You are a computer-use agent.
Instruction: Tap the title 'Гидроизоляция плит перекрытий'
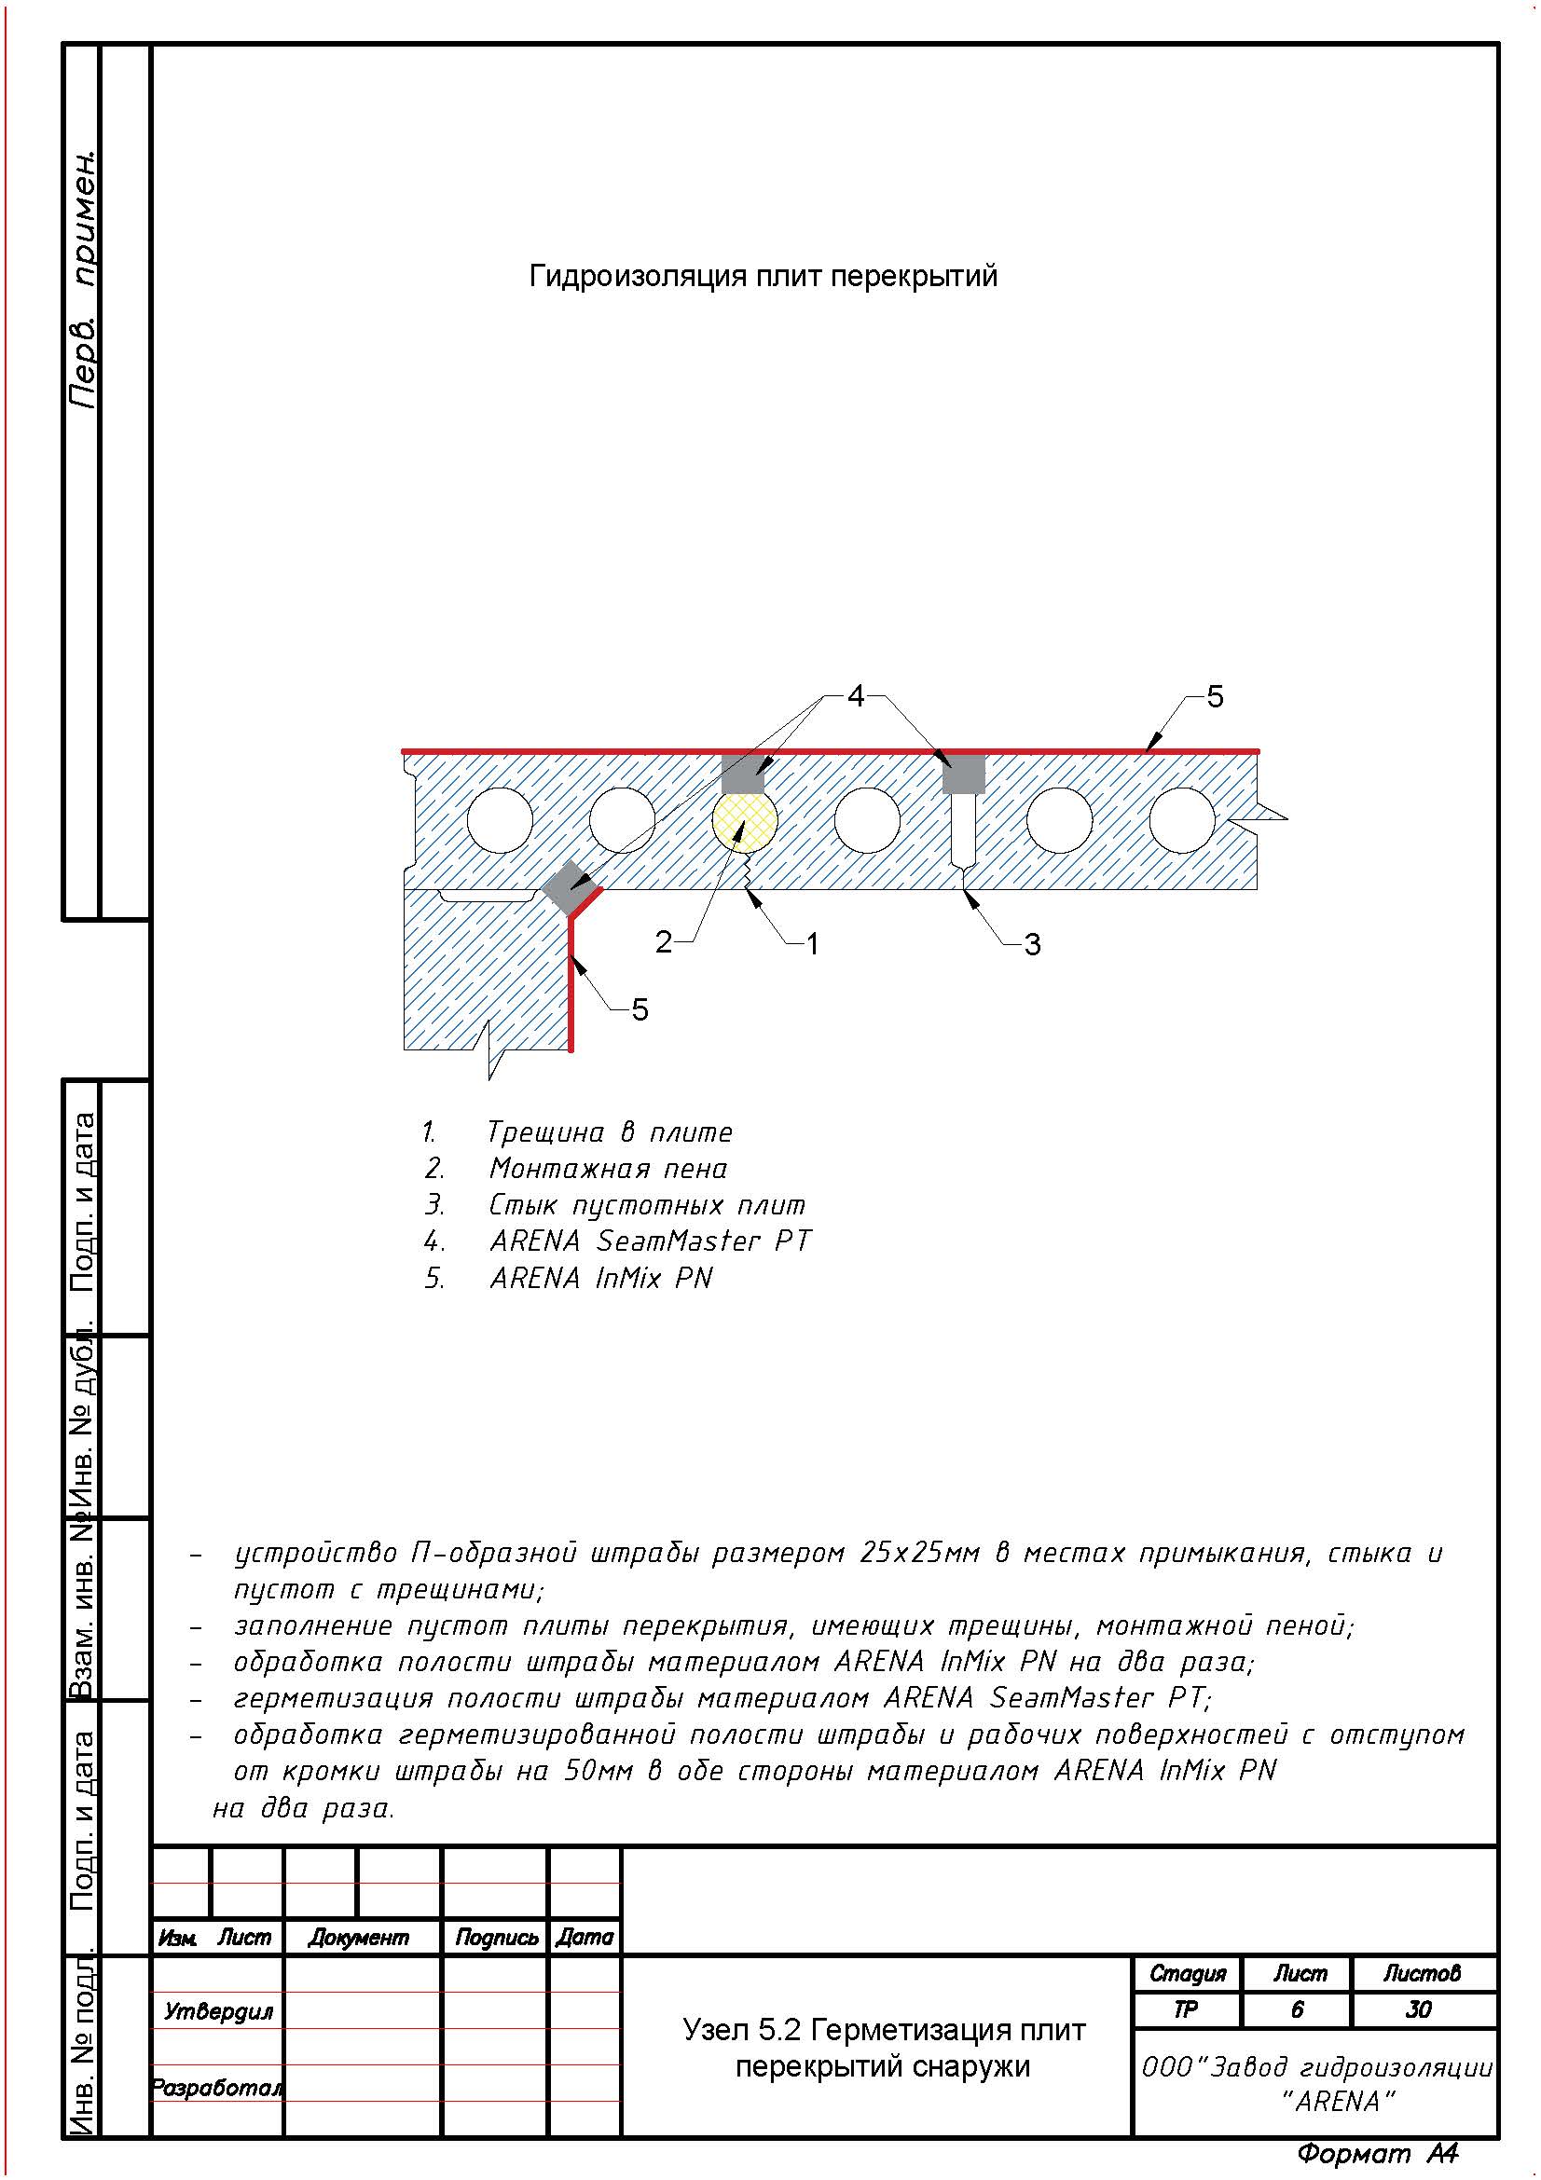[763, 276]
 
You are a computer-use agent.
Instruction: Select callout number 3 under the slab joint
[1032, 944]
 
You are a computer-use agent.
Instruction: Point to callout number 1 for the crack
[812, 943]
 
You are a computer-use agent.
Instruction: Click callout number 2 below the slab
[663, 942]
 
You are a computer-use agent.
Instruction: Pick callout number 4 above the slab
[856, 696]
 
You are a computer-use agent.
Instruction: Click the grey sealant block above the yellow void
[742, 774]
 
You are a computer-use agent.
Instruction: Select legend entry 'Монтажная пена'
[608, 1169]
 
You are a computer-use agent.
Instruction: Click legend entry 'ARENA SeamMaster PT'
[650, 1241]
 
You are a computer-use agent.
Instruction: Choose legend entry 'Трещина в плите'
[609, 1132]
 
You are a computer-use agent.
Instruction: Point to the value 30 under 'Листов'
[1419, 2009]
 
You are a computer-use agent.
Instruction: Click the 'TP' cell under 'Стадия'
[1186, 2009]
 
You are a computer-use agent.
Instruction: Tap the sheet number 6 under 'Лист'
[1297, 2009]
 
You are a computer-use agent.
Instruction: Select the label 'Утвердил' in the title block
[218, 2011]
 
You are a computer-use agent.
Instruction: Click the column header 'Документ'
[358, 1938]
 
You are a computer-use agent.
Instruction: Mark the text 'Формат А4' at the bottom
[1377, 2153]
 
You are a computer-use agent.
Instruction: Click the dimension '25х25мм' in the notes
[919, 1553]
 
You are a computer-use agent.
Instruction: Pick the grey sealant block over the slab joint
[963, 774]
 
